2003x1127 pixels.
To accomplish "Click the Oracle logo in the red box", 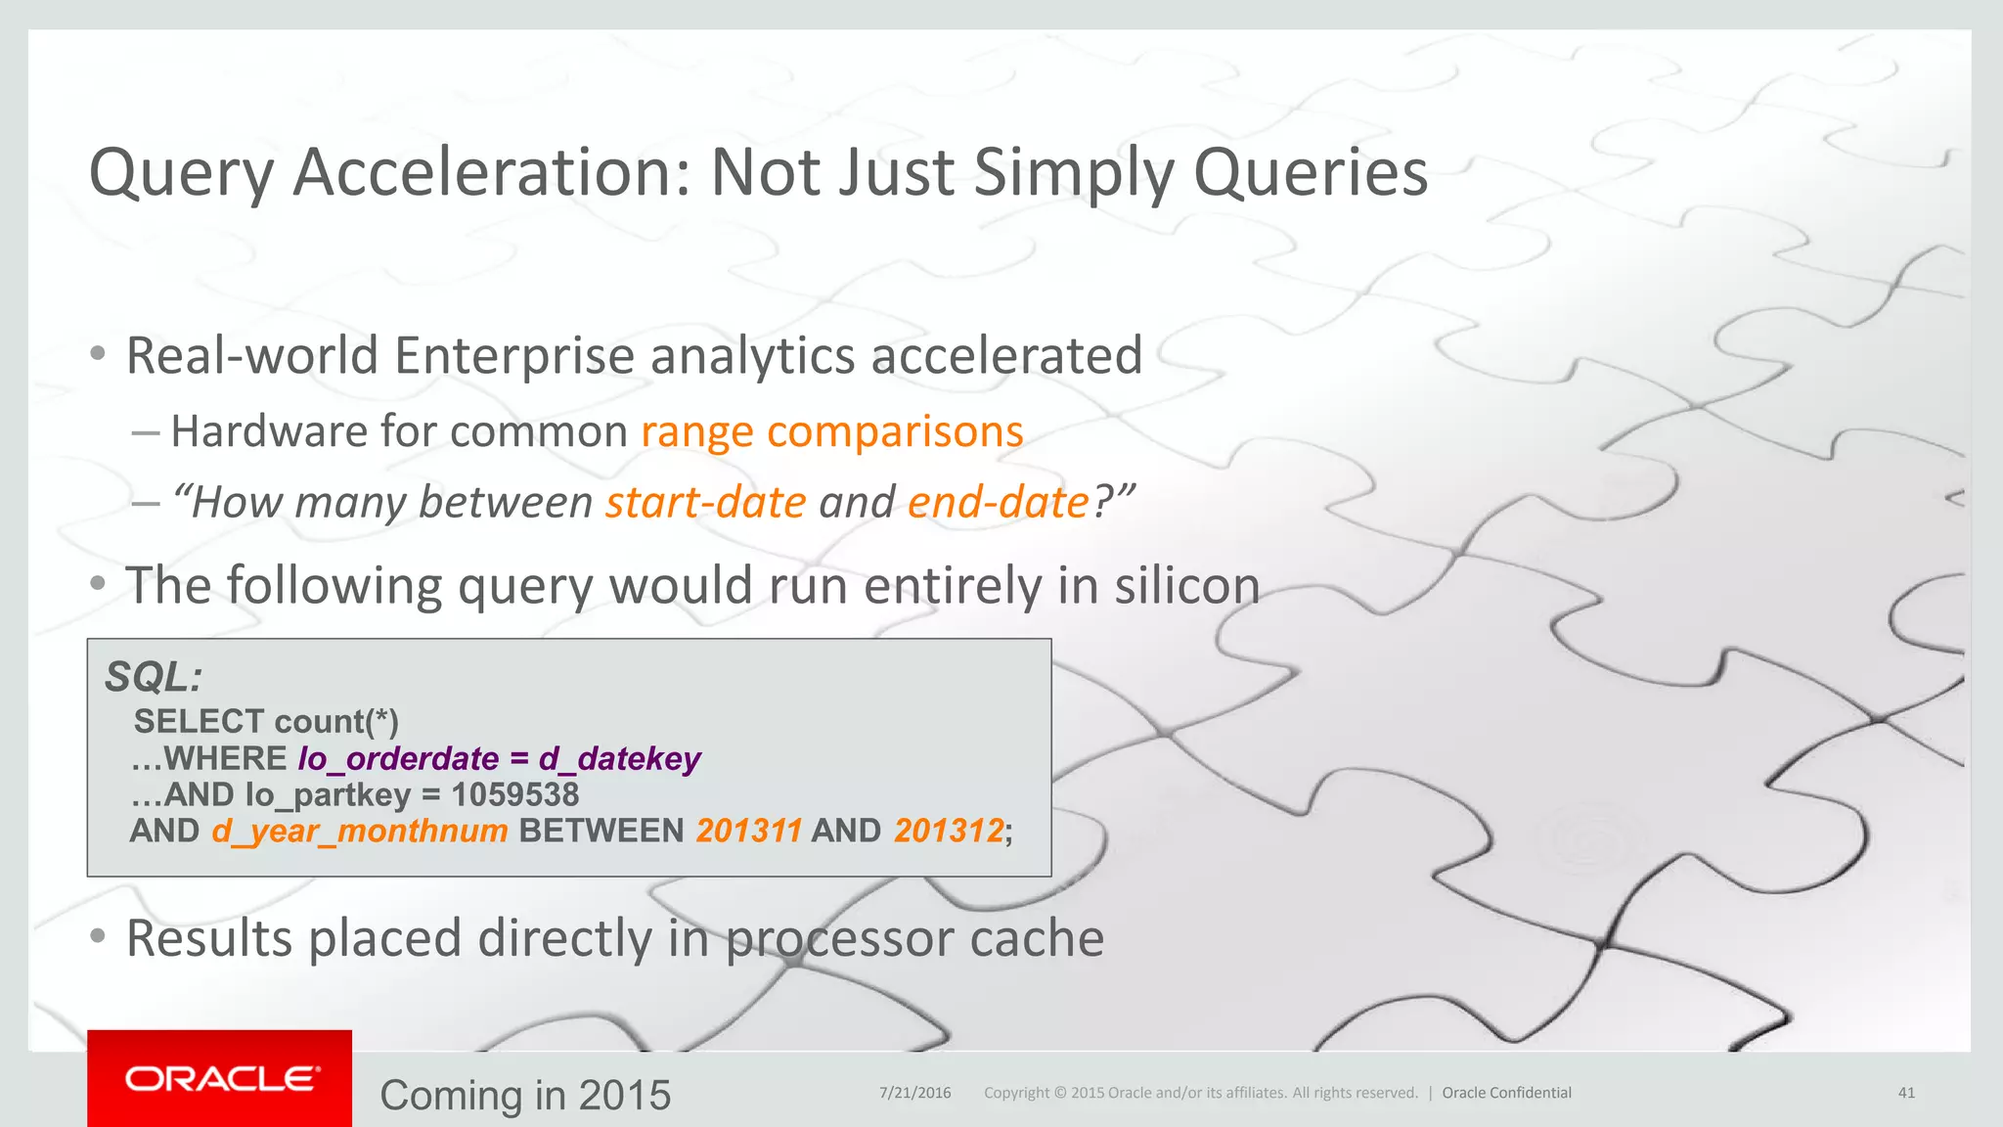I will tap(222, 1078).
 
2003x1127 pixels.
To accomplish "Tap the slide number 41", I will tap(1906, 1093).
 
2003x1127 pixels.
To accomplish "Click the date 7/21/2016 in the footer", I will tap(914, 1093).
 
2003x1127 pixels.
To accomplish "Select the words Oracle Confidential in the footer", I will tap(1506, 1093).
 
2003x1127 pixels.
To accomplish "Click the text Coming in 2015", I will tap(525, 1095).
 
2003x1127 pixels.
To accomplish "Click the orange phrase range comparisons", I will tap(831, 431).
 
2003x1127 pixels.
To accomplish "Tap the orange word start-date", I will tap(705, 503).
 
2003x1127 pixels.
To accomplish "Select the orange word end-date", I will tap(998, 503).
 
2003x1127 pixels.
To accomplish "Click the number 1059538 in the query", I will tap(514, 794).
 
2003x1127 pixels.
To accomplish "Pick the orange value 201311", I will tap(748, 831).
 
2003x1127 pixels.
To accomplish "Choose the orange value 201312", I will tap(948, 831).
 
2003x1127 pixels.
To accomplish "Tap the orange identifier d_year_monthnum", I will tap(359, 831).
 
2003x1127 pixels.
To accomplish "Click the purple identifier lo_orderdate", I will tap(398, 758).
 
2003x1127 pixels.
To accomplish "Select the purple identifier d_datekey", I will tap(619, 758).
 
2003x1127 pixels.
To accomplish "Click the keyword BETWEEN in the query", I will tap(601, 831).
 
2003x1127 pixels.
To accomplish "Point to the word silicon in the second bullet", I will tap(1186, 586).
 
